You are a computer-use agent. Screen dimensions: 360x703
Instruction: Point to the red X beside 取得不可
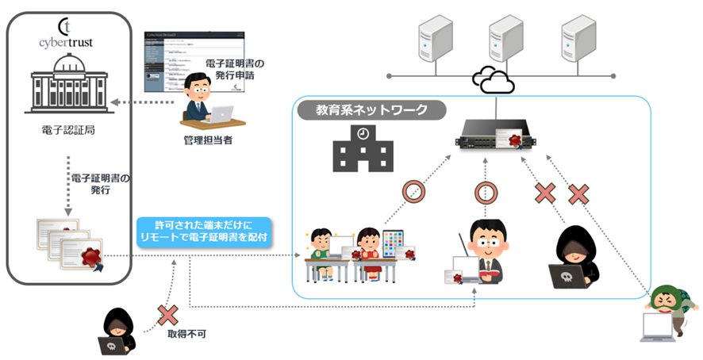pyautogui.click(x=167, y=315)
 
